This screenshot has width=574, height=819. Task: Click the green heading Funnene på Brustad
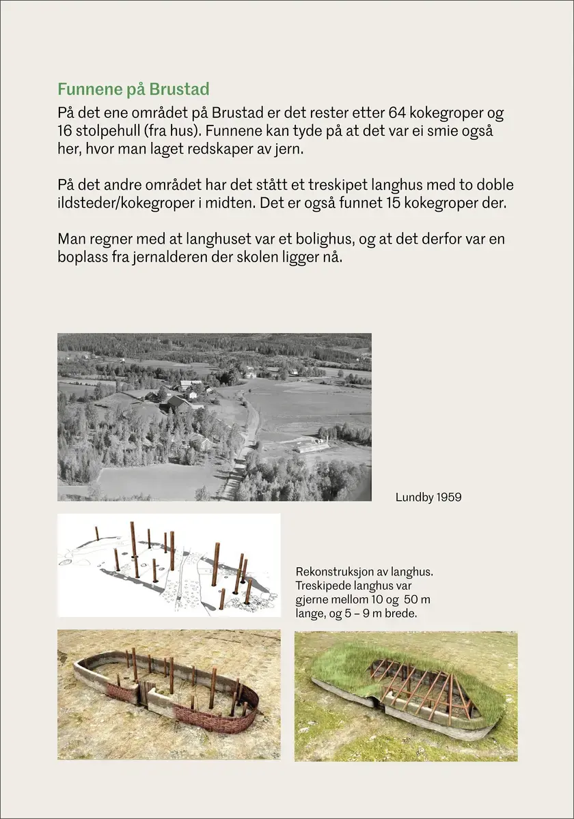133,89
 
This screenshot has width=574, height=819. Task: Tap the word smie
439,131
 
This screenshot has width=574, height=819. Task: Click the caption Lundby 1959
428,498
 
